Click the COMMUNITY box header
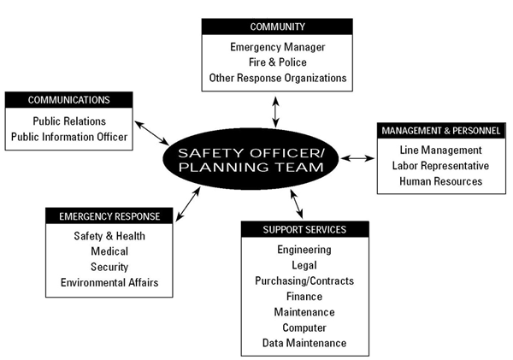click(x=276, y=27)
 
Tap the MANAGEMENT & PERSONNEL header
click(x=441, y=131)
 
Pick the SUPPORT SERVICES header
click(x=304, y=229)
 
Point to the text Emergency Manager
click(x=276, y=47)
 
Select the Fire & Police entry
click(x=276, y=62)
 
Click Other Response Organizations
click(x=276, y=78)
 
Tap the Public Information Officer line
click(x=69, y=136)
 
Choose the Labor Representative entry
click(x=441, y=165)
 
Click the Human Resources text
click(x=441, y=180)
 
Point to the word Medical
click(x=109, y=251)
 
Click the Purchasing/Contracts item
click(x=304, y=280)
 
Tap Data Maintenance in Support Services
click(x=304, y=343)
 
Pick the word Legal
click(x=304, y=265)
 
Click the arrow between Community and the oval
click(x=275, y=111)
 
